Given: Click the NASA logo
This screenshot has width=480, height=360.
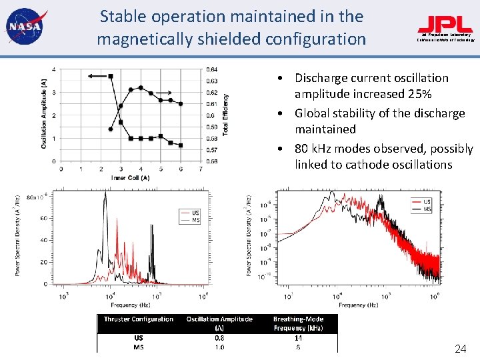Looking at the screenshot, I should pyautogui.click(x=24, y=27).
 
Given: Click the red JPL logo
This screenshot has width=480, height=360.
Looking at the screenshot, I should pyautogui.click(x=445, y=25).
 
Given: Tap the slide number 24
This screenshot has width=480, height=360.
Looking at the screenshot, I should pyautogui.click(x=460, y=349).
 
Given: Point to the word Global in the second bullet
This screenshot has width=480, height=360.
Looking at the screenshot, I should pyautogui.click(x=316, y=113).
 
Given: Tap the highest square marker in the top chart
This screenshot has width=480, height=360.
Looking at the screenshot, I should pyautogui.click(x=111, y=77).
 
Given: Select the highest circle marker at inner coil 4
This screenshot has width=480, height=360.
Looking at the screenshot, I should pyautogui.click(x=141, y=87).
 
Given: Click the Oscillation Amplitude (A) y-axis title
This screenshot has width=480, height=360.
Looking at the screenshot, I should pyautogui.click(x=44, y=113).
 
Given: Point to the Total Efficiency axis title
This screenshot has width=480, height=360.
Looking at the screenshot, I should pyautogui.click(x=226, y=115).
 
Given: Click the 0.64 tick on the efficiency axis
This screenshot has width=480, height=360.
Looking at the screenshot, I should pyautogui.click(x=211, y=69).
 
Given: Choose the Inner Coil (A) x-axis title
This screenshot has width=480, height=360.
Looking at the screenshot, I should pyautogui.click(x=131, y=177).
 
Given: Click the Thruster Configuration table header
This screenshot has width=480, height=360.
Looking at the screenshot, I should pyautogui.click(x=138, y=319).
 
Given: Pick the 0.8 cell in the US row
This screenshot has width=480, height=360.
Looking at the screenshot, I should pyautogui.click(x=219, y=338).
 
